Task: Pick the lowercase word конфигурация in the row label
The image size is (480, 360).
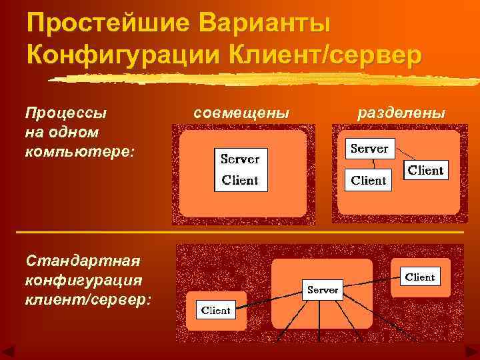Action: coord(82,278)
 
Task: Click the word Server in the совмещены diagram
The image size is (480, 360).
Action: coord(240,160)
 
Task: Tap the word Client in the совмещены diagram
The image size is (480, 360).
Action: coord(240,180)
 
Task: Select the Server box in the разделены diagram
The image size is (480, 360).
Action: coord(369,149)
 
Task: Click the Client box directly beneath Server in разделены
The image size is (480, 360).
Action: coord(369,180)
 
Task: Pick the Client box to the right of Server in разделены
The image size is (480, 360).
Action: coord(425,170)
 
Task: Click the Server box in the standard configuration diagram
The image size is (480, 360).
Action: coord(323,290)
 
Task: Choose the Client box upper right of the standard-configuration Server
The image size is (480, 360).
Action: coord(419,277)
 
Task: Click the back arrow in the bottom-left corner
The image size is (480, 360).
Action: coord(9,352)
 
